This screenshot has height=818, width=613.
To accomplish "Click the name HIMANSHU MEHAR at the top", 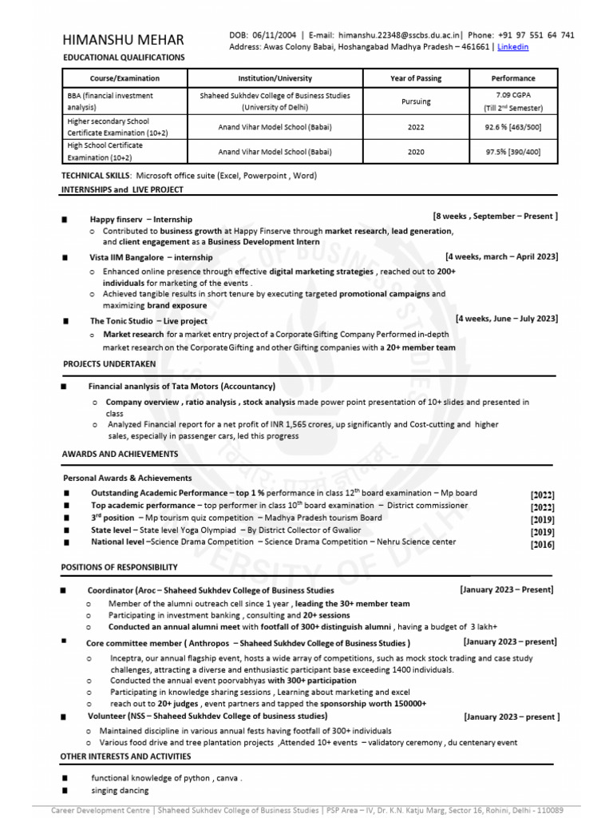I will tap(123, 39).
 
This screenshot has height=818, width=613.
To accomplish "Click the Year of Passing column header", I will tap(416, 78).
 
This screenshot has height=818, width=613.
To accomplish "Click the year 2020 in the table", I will tap(416, 151).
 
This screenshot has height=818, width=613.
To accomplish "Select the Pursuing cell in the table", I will tap(416, 101).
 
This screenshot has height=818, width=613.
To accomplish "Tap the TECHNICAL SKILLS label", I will tap(96, 174).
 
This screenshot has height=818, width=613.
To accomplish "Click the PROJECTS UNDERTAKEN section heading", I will tap(109, 364).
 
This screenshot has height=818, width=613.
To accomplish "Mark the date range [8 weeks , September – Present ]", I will tap(495, 216).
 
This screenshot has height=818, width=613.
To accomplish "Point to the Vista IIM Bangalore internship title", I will tap(151, 258).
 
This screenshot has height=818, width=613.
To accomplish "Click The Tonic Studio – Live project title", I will tap(148, 321).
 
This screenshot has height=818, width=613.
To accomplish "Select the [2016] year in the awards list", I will tap(543, 545).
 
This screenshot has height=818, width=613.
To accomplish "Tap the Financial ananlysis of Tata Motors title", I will tap(181, 386).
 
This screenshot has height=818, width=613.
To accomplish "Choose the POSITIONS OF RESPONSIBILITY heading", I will tap(120, 567).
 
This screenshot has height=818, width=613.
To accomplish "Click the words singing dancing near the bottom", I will tap(120, 791).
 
